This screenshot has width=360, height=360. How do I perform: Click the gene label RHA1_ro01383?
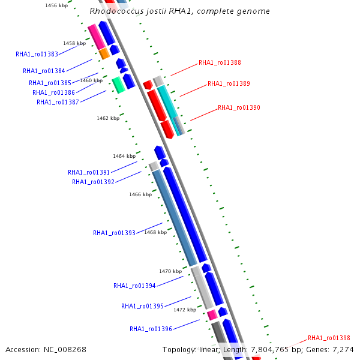(37, 54)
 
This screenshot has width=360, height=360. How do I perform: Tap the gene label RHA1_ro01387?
(58, 102)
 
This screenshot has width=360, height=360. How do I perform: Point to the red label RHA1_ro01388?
(220, 62)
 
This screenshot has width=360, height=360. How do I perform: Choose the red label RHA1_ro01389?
(229, 84)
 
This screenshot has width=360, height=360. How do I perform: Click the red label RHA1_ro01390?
(239, 108)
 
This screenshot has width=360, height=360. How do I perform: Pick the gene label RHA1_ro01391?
(89, 172)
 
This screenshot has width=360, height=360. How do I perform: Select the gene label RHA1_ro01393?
(114, 233)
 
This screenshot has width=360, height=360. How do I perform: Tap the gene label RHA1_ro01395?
(142, 306)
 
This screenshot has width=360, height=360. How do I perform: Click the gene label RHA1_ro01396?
(151, 329)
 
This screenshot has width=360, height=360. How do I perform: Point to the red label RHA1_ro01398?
(329, 338)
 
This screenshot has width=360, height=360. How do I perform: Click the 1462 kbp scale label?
(108, 118)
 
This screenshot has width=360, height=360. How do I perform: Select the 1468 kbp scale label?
(155, 232)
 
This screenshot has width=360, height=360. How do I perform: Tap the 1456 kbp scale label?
(56, 5)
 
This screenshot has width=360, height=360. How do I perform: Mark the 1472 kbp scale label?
(185, 310)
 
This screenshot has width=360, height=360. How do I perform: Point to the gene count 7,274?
(343, 349)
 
